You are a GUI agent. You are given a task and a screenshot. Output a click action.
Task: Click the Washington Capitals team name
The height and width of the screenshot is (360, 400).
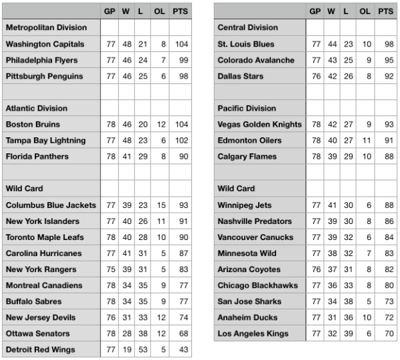pos(45,44)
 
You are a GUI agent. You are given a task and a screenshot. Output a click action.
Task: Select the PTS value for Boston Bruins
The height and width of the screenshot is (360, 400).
pos(179,125)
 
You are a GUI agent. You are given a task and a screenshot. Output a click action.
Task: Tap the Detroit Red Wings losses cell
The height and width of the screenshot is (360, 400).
pos(142,349)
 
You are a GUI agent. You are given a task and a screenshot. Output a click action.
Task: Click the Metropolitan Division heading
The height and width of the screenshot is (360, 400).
pos(46,28)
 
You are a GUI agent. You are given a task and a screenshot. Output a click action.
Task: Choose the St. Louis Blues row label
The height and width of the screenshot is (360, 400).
pos(246,44)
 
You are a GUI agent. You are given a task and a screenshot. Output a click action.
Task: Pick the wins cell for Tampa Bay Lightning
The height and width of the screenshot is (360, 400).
pos(125,141)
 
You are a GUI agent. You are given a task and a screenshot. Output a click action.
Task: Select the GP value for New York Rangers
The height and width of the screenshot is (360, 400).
pos(109,269)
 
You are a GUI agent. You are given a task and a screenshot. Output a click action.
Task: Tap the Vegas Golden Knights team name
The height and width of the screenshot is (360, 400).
pos(260,125)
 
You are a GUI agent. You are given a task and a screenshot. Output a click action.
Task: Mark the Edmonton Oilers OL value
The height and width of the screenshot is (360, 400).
pos(365,141)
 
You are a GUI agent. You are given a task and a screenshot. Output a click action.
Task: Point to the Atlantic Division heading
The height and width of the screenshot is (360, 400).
pos(37,108)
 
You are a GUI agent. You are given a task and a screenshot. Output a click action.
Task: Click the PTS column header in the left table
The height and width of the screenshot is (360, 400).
pos(179,11)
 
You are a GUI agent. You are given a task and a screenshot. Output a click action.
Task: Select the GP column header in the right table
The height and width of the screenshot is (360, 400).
pos(315,11)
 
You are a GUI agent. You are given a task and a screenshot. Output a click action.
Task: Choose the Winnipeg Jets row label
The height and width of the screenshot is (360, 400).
pos(241,205)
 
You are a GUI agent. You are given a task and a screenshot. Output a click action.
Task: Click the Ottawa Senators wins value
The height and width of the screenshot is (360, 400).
pos(125,333)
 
